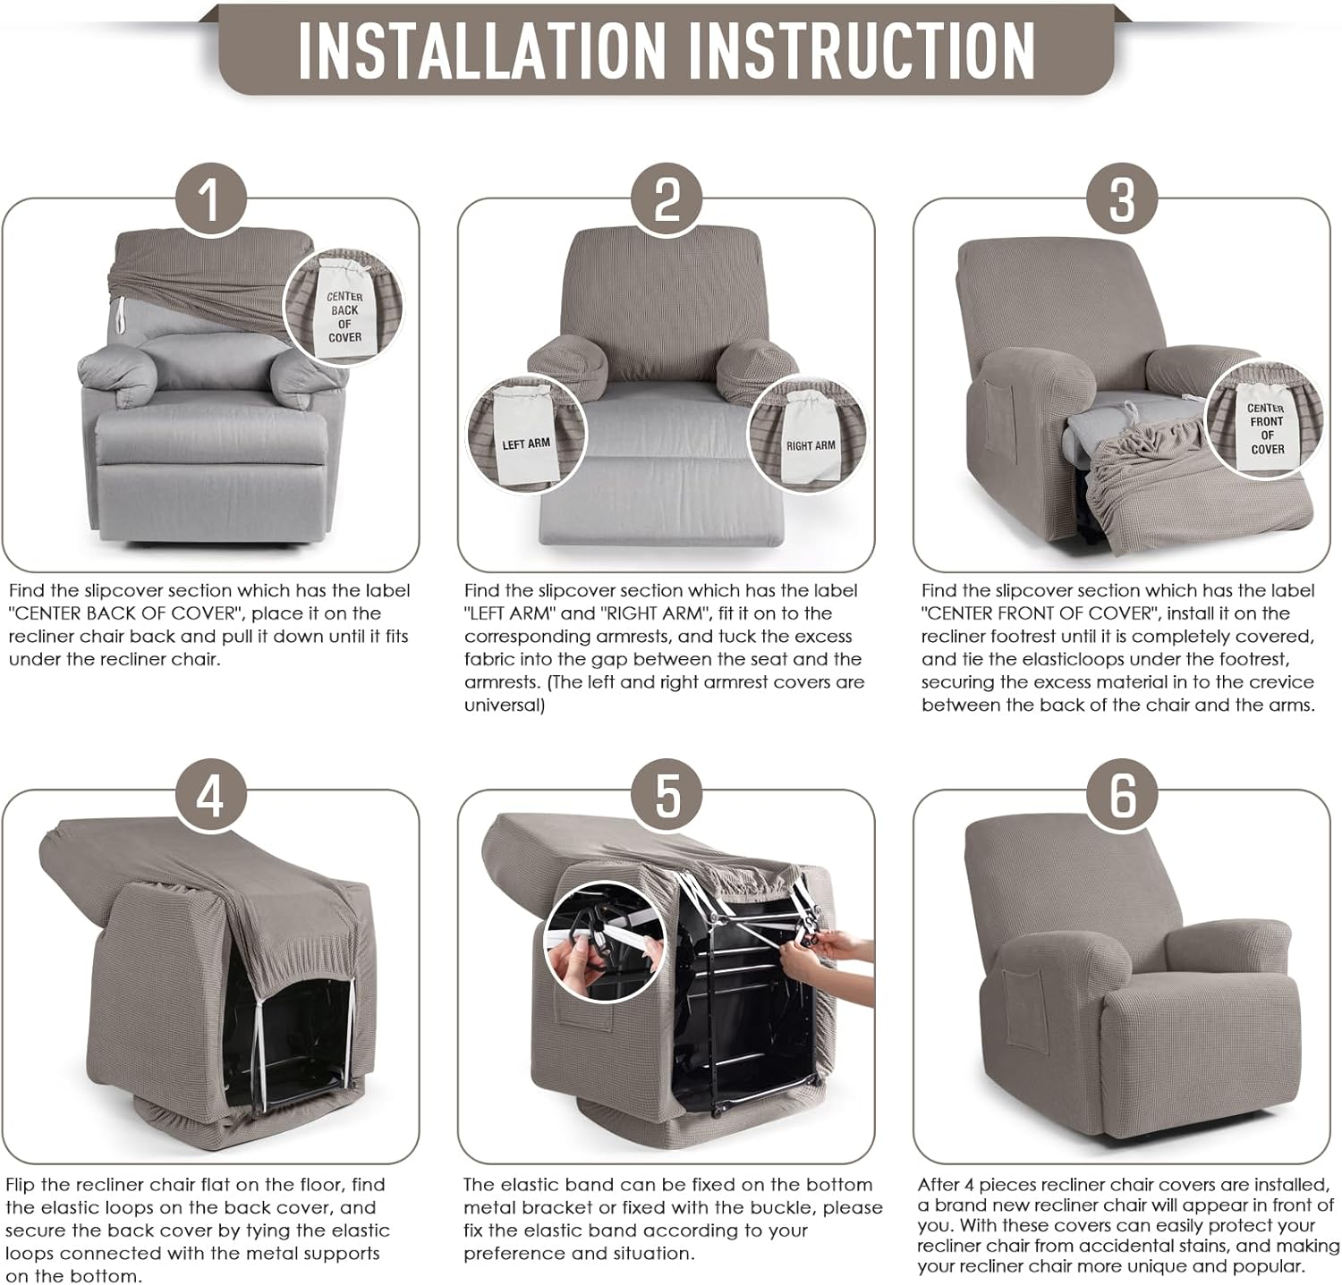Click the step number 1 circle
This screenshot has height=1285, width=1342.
pos(210,199)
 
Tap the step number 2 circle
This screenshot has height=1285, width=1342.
pos(667,199)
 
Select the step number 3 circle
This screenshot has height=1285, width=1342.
pos(1122,199)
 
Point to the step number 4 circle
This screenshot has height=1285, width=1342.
pos(210,793)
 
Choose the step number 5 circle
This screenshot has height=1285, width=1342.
pos(667,793)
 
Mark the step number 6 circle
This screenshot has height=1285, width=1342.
pos(1122,793)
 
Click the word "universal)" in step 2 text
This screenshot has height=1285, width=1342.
pos(504,706)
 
